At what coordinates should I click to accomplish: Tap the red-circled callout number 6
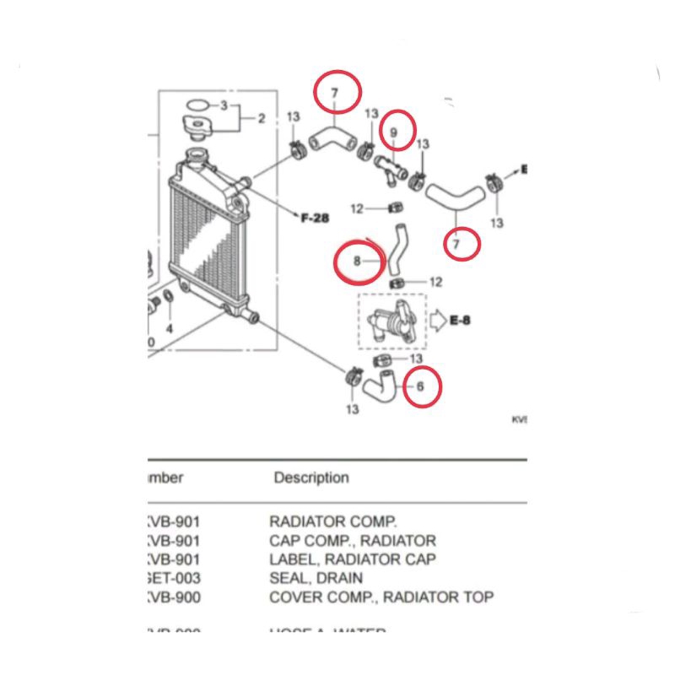(420, 386)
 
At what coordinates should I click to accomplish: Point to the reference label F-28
(315, 218)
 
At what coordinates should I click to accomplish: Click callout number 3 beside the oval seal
(224, 105)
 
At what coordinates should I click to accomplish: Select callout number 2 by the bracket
(262, 118)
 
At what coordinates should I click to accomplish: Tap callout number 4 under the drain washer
(169, 327)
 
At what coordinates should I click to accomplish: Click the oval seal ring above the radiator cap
(196, 105)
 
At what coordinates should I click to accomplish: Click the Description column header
(310, 478)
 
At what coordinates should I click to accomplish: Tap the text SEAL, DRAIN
(316, 578)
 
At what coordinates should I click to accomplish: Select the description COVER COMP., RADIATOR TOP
(381, 597)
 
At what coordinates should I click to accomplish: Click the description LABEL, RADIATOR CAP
(353, 559)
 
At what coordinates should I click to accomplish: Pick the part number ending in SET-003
(175, 578)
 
